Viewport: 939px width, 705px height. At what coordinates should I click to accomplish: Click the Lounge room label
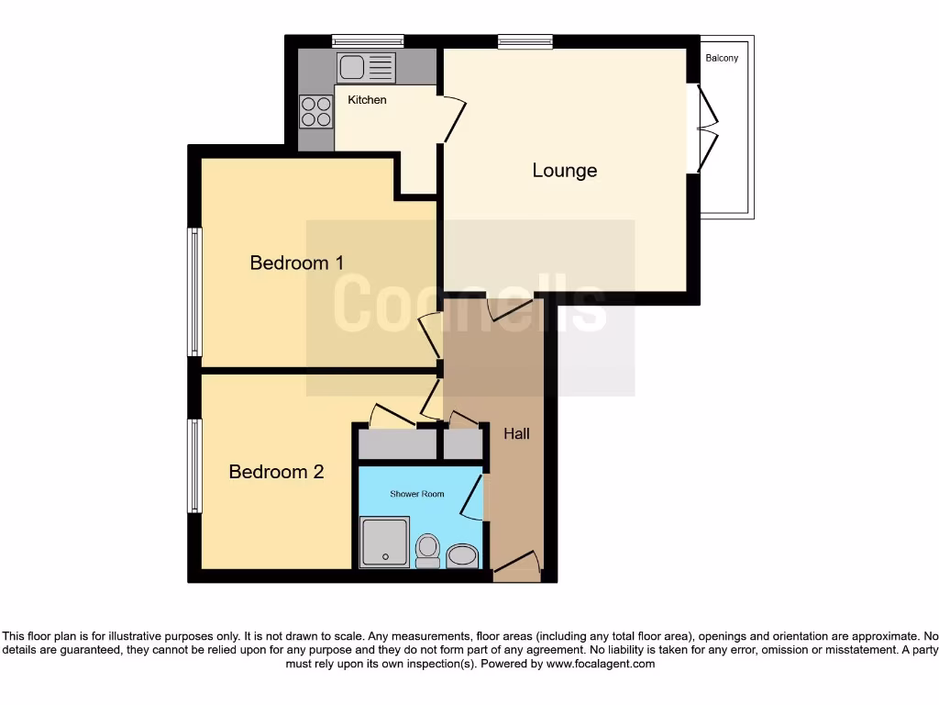[564, 171]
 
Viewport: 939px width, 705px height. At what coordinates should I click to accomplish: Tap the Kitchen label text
[367, 100]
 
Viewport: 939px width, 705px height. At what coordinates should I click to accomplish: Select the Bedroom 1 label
[296, 263]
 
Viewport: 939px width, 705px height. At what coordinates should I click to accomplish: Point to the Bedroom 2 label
[276, 472]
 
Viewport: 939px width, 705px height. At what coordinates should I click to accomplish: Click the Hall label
[516, 433]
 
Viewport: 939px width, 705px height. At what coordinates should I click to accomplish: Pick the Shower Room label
[417, 495]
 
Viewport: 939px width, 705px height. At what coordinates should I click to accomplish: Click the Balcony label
[722, 59]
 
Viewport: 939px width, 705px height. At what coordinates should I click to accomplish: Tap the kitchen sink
[366, 67]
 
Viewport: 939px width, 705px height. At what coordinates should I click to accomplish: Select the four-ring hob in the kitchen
[315, 112]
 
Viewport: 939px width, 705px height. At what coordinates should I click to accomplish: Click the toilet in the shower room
[427, 550]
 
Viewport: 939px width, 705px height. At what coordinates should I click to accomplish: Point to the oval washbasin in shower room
[462, 554]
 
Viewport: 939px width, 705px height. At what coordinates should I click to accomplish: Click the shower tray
[384, 542]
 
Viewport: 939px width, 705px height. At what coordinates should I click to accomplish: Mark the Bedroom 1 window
[193, 292]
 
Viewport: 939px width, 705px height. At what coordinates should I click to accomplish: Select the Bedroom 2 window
[193, 465]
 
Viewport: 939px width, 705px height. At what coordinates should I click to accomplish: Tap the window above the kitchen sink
[368, 40]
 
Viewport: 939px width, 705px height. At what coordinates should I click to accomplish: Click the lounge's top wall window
[525, 40]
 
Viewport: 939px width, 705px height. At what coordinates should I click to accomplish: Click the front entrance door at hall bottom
[516, 565]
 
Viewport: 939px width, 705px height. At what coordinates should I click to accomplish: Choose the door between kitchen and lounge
[453, 119]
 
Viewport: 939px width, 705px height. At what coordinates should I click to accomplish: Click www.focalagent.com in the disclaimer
[600, 664]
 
